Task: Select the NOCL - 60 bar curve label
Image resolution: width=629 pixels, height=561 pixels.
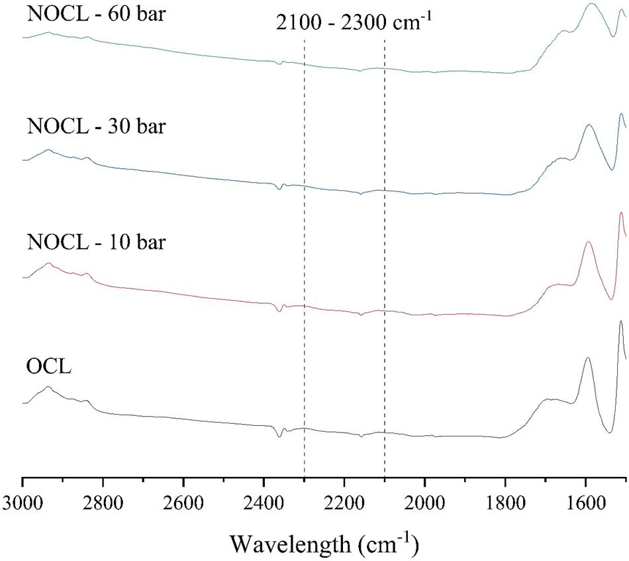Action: point(96,14)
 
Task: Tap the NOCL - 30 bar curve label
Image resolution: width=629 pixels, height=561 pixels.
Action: point(96,125)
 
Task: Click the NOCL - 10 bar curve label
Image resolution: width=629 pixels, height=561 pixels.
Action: point(96,242)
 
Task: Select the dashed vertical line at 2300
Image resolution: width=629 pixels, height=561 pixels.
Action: point(304,265)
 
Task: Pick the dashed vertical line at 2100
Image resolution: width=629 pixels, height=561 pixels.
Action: point(385,265)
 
